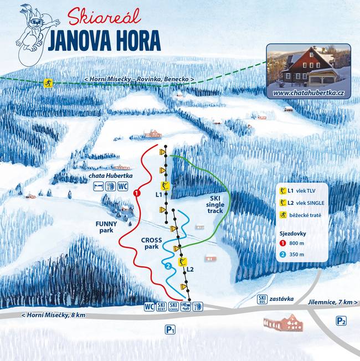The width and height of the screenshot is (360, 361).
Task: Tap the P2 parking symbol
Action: point(341,321)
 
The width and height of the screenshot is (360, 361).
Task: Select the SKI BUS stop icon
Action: point(263,300)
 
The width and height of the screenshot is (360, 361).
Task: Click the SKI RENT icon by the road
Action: point(161,306)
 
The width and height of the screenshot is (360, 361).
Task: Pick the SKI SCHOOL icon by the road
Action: point(173,306)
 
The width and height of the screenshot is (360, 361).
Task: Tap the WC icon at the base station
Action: point(149,306)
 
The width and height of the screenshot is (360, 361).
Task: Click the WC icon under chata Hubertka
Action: point(123,186)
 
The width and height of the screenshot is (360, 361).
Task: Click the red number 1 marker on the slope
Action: point(136,193)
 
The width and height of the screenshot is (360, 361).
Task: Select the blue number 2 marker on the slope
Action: point(168,266)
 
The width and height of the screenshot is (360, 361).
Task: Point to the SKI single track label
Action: point(216,204)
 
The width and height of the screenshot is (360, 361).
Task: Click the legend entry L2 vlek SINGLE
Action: point(302,203)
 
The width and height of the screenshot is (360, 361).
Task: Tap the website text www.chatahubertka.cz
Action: point(308,93)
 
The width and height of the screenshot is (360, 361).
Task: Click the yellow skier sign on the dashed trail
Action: point(48,83)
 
